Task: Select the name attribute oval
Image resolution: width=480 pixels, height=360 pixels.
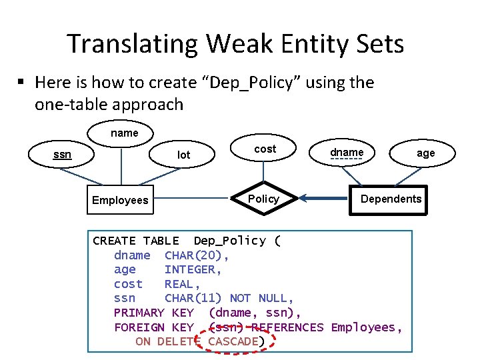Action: point(125,133)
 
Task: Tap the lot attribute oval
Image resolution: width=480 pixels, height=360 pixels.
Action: point(184,155)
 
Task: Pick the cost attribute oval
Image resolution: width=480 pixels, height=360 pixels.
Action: point(265,149)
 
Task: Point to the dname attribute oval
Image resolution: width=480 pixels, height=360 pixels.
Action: point(347,153)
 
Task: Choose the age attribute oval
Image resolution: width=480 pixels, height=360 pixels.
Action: point(425,153)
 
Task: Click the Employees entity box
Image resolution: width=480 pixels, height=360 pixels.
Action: point(120,200)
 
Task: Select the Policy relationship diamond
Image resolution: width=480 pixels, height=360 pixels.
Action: point(264,199)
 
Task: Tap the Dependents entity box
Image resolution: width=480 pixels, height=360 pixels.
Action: point(391,199)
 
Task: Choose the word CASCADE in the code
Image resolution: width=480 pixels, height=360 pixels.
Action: point(233,341)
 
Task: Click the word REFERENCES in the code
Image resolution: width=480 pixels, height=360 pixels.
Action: point(287,327)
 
